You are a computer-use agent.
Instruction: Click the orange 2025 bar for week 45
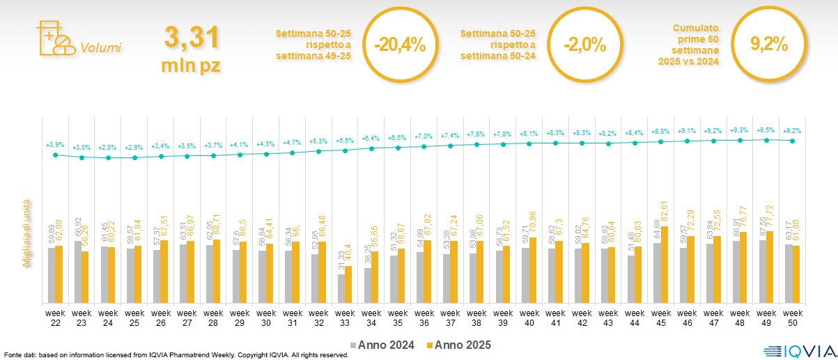[x=665, y=265]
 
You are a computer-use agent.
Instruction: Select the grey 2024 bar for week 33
[x=341, y=288]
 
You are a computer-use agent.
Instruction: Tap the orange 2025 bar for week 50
[x=797, y=274]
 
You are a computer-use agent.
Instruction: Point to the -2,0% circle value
[x=584, y=45]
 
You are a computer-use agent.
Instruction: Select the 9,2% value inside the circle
[x=768, y=45]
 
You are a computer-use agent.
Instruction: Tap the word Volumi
[x=100, y=48]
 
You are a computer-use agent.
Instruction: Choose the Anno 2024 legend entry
[x=383, y=345]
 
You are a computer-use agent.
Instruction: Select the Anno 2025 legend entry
[x=459, y=345]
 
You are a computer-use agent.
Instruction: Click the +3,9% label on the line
[x=55, y=145]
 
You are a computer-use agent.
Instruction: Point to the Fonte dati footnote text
[x=174, y=355]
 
